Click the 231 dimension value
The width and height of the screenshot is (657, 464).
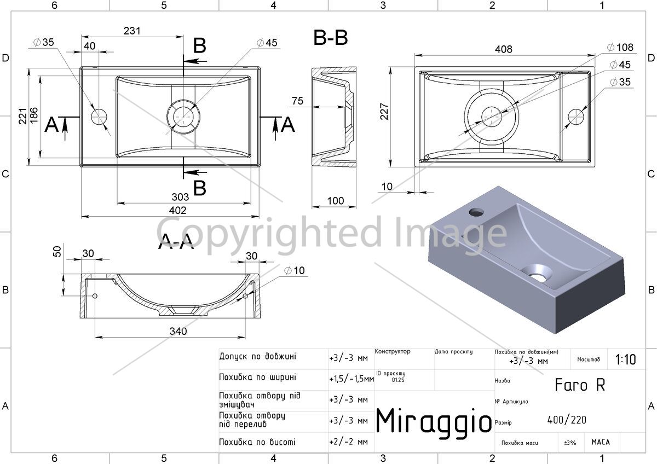tap(132, 31)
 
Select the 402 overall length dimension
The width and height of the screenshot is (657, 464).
tap(178, 210)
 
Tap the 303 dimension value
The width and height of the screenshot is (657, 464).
tap(180, 196)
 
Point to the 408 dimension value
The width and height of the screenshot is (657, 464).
tap(504, 49)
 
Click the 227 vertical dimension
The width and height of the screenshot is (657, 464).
tap(384, 112)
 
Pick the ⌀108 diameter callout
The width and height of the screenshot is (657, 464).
tap(620, 47)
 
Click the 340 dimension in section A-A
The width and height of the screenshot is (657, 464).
tap(178, 331)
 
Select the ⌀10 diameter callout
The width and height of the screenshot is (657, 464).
tap(295, 270)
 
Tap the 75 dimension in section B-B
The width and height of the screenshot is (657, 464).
tap(297, 101)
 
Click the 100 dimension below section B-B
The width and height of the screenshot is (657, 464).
tap(335, 201)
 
